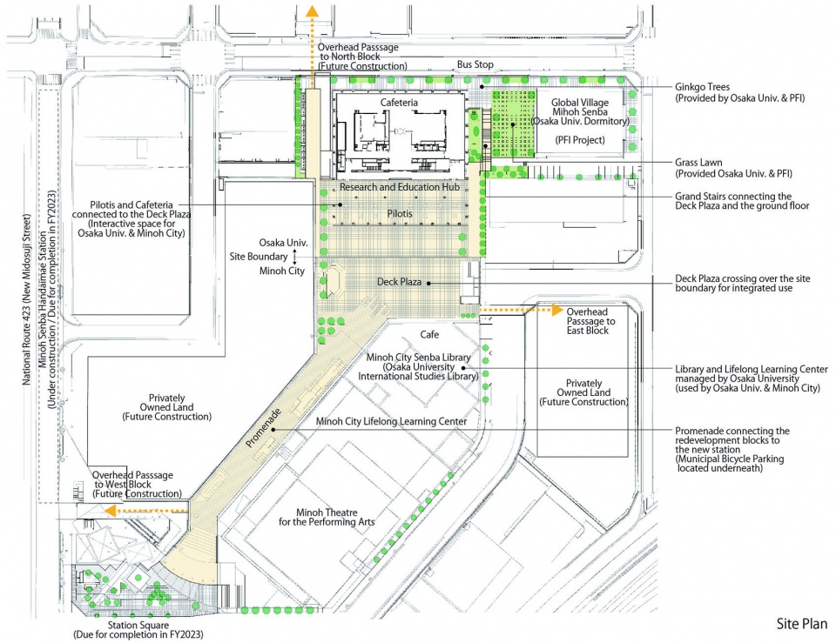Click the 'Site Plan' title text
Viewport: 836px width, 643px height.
[801, 624]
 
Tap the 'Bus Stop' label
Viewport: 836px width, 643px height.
[475, 64]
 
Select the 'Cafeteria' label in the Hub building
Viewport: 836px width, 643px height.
[399, 103]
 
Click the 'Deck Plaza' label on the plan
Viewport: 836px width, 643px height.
[399, 282]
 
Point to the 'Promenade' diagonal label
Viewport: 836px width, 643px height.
[263, 428]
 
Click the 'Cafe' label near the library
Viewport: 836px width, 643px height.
[429, 335]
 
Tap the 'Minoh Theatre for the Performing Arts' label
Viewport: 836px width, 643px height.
[327, 518]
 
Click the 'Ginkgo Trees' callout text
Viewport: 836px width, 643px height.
[702, 87]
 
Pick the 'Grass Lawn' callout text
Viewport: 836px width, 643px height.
[698, 163]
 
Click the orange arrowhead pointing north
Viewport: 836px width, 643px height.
[312, 10]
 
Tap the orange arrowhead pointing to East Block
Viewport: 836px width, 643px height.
[557, 310]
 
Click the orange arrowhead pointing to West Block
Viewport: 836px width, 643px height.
[111, 512]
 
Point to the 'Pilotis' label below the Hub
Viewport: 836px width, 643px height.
[400, 214]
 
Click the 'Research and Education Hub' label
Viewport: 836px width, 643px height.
[400, 187]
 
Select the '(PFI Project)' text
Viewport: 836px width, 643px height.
[580, 140]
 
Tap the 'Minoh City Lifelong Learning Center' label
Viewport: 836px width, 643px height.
[391, 421]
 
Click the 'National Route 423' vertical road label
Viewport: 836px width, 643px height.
[27, 299]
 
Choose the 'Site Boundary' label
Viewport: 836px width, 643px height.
[259, 256]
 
